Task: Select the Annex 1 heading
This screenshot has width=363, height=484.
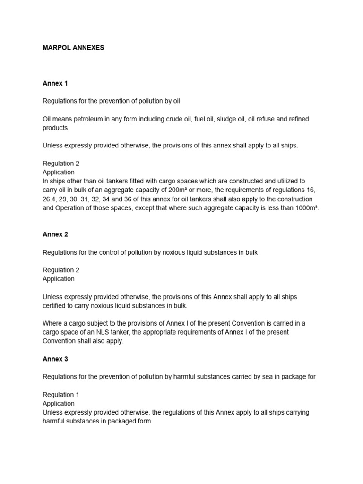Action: coord(55,83)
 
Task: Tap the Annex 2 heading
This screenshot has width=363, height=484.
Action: coord(55,234)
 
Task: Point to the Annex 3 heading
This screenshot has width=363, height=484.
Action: coord(55,359)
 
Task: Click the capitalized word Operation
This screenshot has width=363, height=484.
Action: coord(73,208)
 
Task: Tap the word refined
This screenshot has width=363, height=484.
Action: coord(298,119)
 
